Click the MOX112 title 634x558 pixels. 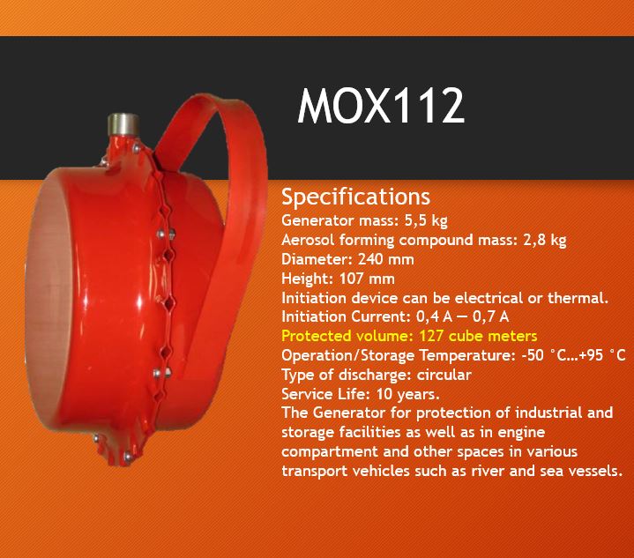[x=380, y=106]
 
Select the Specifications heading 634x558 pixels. [x=356, y=197]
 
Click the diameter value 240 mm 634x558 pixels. [x=385, y=259]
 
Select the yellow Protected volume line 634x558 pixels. [x=409, y=336]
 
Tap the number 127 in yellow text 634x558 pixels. [x=432, y=336]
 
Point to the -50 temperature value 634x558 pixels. [x=533, y=355]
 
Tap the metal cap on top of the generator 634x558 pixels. [x=123, y=124]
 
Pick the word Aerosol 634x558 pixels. [x=308, y=240]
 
